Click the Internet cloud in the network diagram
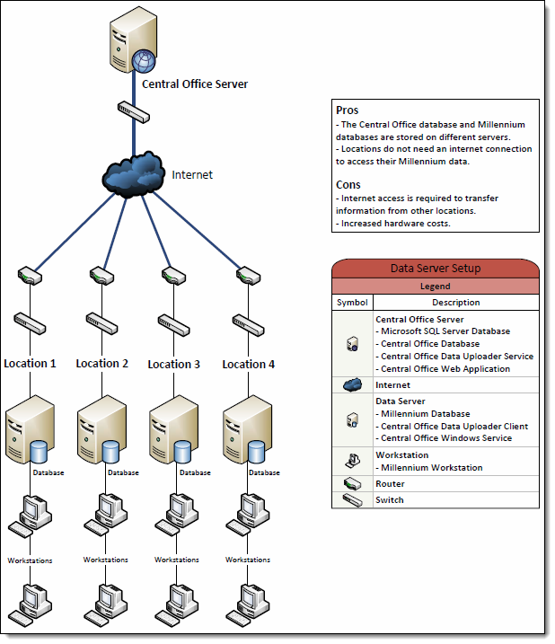point(134,174)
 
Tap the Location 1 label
point(30,364)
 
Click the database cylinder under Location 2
point(110,452)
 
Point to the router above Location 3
point(168,276)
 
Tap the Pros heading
point(347,110)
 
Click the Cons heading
point(348,184)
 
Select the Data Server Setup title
point(435,269)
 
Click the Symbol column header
point(352,303)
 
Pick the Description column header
point(456,303)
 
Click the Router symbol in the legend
point(352,484)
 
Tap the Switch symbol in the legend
point(352,500)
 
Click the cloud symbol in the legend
point(352,385)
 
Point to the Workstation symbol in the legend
point(352,461)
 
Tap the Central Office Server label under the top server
point(195,84)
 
